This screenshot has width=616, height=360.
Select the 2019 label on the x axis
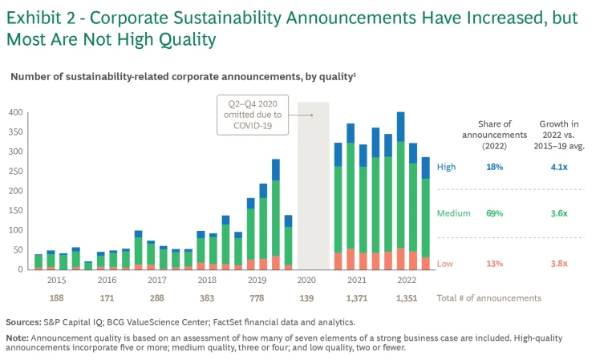(257, 281)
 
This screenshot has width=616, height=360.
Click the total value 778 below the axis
(257, 298)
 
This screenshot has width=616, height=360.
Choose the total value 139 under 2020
(306, 298)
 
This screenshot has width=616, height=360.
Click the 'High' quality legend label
(446, 167)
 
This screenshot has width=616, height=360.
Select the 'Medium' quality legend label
(453, 213)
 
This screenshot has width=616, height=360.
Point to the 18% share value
(495, 167)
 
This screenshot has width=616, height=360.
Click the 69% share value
(495, 213)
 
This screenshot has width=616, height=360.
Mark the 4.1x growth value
(559, 167)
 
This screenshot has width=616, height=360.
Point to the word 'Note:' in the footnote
(18, 338)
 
